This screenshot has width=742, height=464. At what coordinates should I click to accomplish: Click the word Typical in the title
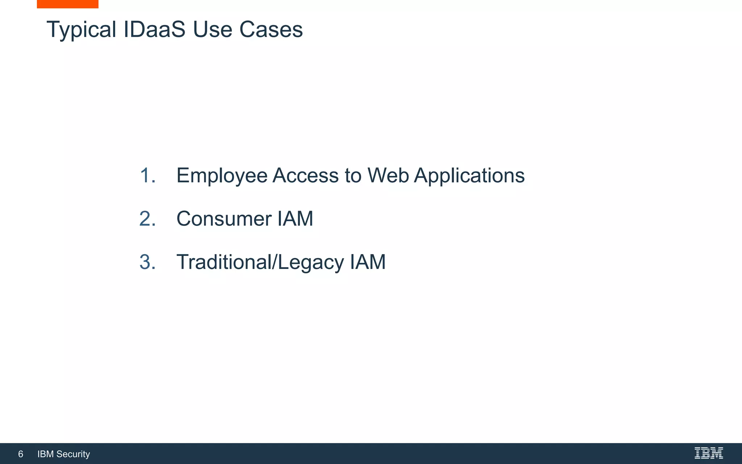[x=82, y=30]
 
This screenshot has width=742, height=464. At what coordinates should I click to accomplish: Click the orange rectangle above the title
[x=67, y=4]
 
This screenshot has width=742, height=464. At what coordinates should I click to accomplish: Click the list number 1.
[x=147, y=175]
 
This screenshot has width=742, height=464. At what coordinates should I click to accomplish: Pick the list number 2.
[x=147, y=219]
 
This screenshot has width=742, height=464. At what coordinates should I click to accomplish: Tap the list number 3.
[x=147, y=262]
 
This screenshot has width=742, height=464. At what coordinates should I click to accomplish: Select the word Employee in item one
[x=222, y=176]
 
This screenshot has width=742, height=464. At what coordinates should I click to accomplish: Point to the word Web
[x=388, y=175]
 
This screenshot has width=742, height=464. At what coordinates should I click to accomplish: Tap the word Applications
[x=469, y=176]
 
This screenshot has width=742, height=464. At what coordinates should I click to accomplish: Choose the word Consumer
[x=224, y=219]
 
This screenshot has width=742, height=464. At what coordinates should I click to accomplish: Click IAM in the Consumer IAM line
[x=295, y=219]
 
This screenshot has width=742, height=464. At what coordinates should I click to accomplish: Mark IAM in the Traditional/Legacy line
[x=368, y=262]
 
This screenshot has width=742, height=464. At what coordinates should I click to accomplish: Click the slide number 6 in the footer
[x=21, y=454]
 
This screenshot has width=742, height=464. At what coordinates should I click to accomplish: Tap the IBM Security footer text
[x=64, y=454]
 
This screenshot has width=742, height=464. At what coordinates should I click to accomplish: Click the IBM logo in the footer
[x=709, y=453]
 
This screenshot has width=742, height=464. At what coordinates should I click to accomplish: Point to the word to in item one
[x=353, y=175]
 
